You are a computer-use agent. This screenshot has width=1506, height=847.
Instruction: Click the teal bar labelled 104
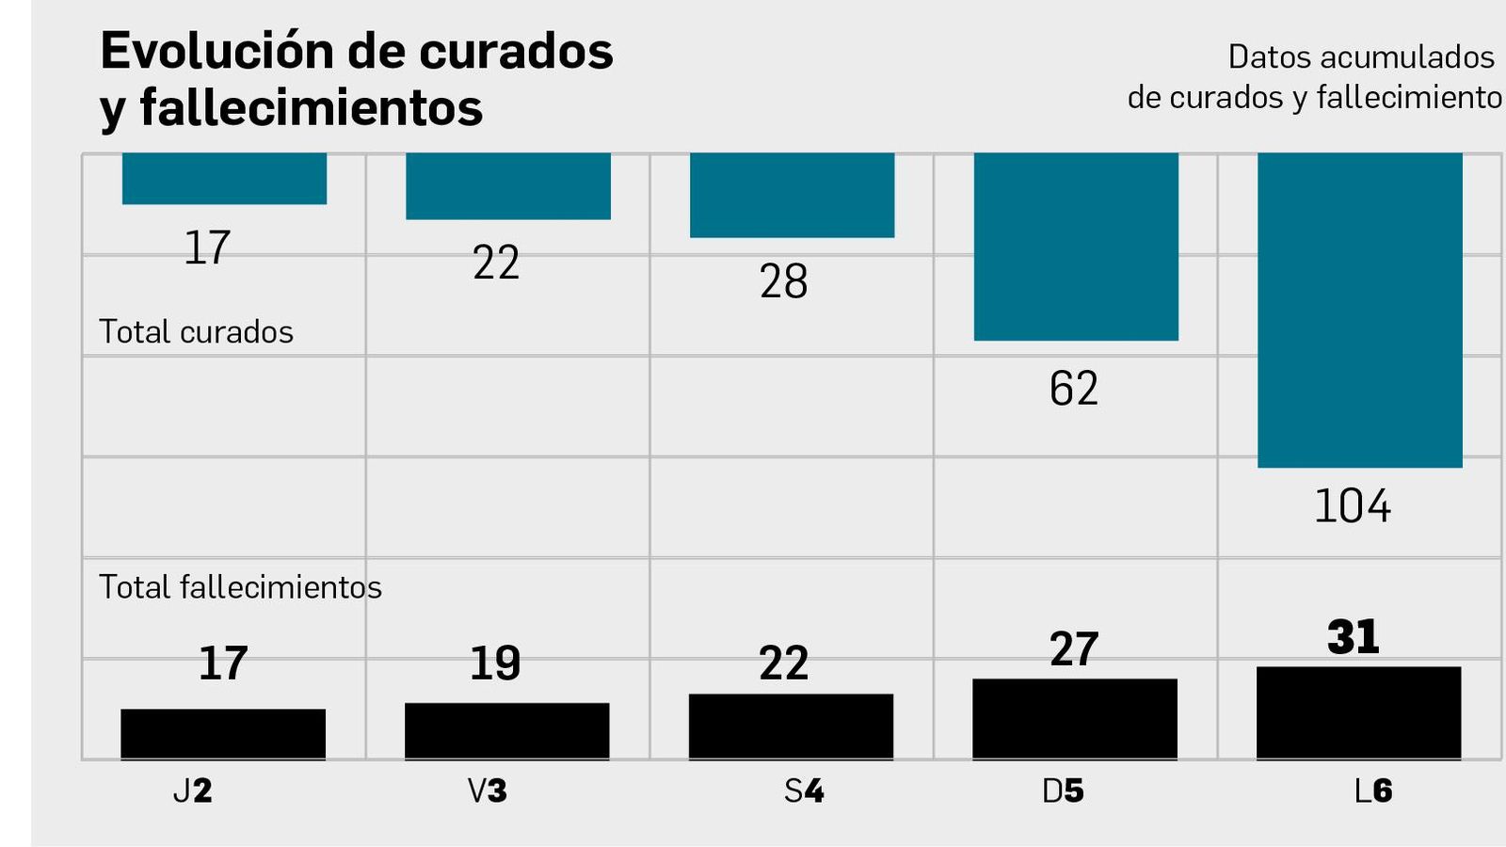pyautogui.click(x=1360, y=311)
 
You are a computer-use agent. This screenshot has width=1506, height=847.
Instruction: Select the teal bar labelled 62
pyautogui.click(x=1076, y=247)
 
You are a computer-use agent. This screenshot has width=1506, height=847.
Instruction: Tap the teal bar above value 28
pyautogui.click(x=792, y=195)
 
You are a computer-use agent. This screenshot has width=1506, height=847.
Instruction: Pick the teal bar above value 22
pyautogui.click(x=508, y=186)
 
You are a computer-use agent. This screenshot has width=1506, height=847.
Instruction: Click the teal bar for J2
pyautogui.click(x=224, y=179)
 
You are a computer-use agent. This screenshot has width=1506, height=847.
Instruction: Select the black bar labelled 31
pyautogui.click(x=1358, y=712)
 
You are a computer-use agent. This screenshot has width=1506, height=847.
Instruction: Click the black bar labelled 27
pyautogui.click(x=1075, y=718)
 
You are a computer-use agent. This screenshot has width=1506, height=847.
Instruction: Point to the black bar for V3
pyautogui.click(x=507, y=730)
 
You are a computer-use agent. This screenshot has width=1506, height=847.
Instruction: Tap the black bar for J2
pyautogui.click(x=223, y=733)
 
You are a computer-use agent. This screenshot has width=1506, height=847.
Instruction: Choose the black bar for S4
pyautogui.click(x=791, y=726)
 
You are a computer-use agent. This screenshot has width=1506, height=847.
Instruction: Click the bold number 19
pyautogui.click(x=495, y=663)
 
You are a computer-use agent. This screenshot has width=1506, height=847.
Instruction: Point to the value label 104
pyautogui.click(x=1352, y=506)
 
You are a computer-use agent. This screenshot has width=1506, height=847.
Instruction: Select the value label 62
pyautogui.click(x=1074, y=389)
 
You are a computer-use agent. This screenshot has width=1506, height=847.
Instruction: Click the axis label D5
pyautogui.click(x=1063, y=791)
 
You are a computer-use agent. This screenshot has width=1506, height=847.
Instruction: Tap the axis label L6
pyautogui.click(x=1372, y=791)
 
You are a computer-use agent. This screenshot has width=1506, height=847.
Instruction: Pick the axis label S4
pyautogui.click(x=804, y=791)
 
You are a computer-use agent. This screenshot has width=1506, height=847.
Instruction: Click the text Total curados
pyautogui.click(x=196, y=332)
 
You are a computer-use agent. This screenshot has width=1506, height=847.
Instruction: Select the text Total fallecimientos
pyautogui.click(x=240, y=587)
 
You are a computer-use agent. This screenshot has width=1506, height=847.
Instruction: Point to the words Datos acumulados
pyautogui.click(x=1360, y=57)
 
